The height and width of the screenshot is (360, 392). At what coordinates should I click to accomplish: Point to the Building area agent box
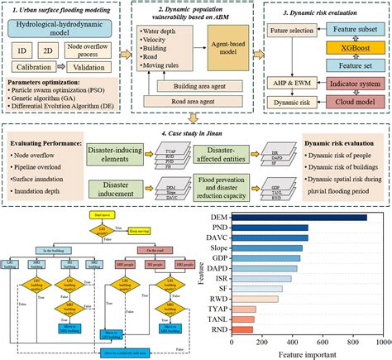(x=196, y=84)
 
